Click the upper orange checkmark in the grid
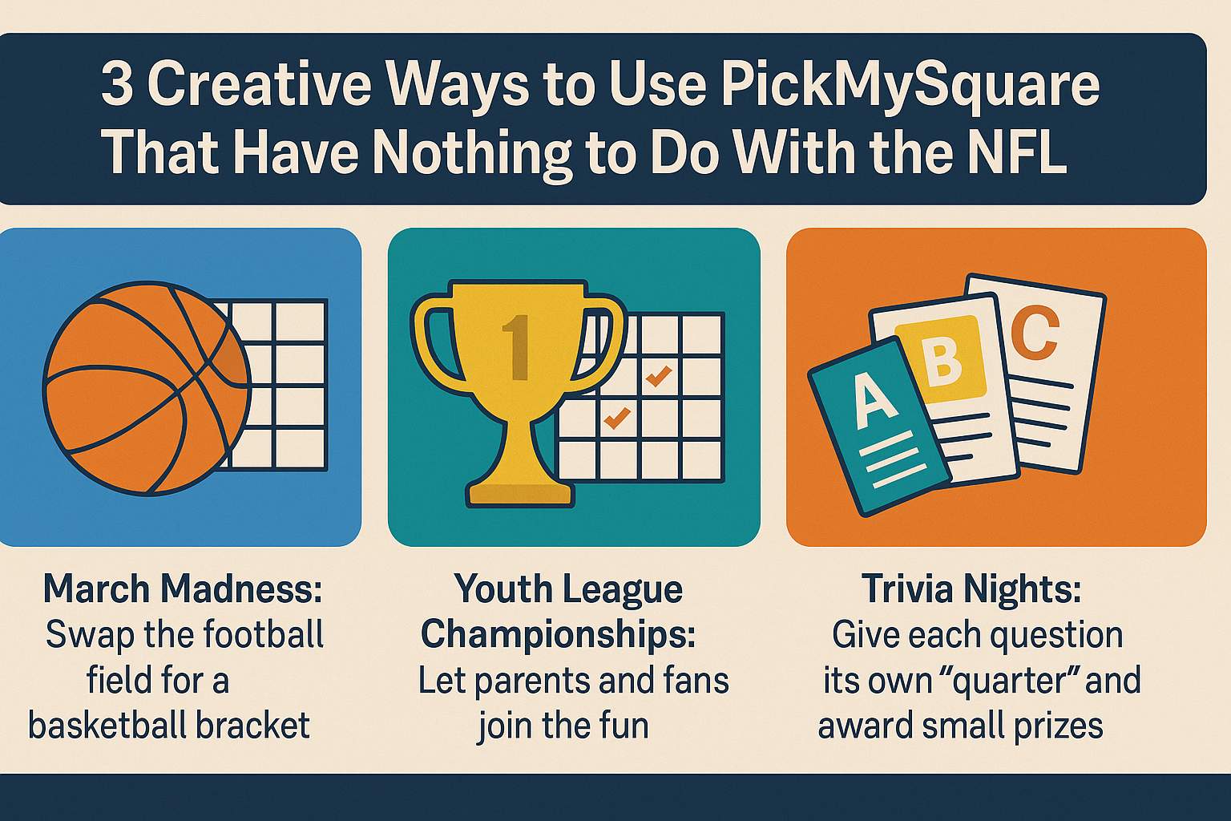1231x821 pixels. tap(658, 375)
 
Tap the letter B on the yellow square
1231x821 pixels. tap(942, 358)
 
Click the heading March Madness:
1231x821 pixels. tap(182, 589)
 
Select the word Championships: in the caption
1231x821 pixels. tap(558, 635)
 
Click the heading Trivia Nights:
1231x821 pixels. tap(971, 589)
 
